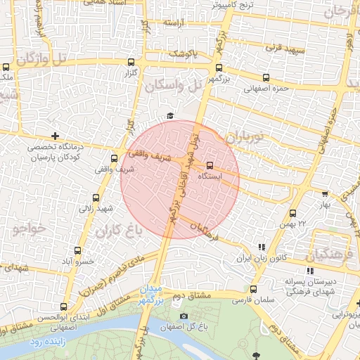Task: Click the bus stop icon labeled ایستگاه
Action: [209, 166]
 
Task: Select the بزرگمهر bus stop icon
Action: [219, 68]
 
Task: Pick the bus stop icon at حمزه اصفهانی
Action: [266, 78]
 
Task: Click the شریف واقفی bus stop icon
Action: [114, 159]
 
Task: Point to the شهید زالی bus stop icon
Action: [96, 198]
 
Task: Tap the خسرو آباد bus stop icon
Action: [77, 250]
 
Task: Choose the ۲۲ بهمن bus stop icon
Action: [292, 213]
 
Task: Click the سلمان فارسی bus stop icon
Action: [253, 288]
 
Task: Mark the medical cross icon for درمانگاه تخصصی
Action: [55, 135]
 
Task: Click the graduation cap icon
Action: [169, 116]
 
